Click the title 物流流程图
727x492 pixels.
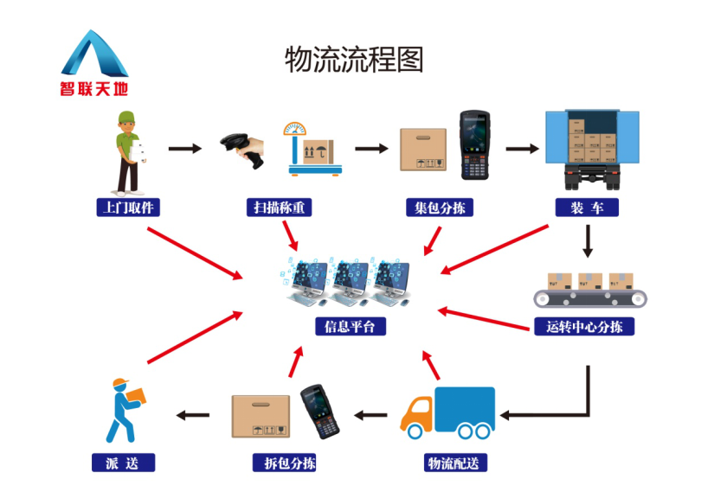click(x=354, y=59)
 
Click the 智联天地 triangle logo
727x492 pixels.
click(x=93, y=54)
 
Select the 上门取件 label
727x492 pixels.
click(x=128, y=208)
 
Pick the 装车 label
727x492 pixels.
click(x=587, y=208)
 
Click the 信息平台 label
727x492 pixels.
click(x=350, y=327)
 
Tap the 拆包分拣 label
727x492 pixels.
click(x=284, y=463)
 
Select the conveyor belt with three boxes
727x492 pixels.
click(x=590, y=290)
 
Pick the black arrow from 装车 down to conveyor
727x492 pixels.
click(x=589, y=240)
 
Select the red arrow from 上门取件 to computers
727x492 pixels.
click(x=196, y=252)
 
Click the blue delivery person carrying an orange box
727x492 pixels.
click(x=123, y=409)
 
